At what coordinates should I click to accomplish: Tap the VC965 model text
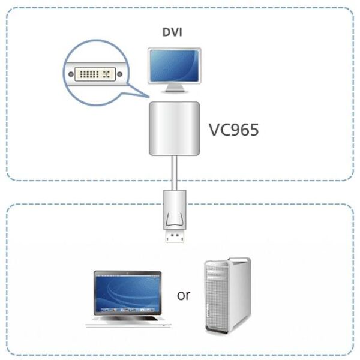pyautogui.click(x=233, y=130)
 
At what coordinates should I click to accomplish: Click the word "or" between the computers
pyautogui.click(x=184, y=295)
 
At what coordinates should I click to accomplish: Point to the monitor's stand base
pyautogui.click(x=175, y=91)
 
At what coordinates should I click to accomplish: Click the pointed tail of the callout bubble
pyautogui.click(x=144, y=97)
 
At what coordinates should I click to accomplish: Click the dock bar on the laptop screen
pyautogui.click(x=127, y=310)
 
